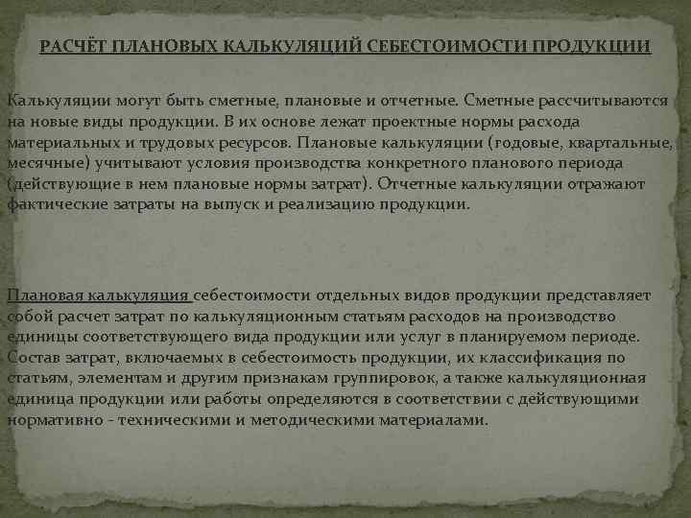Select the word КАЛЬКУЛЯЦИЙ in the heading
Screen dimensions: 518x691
[x=294, y=46]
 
